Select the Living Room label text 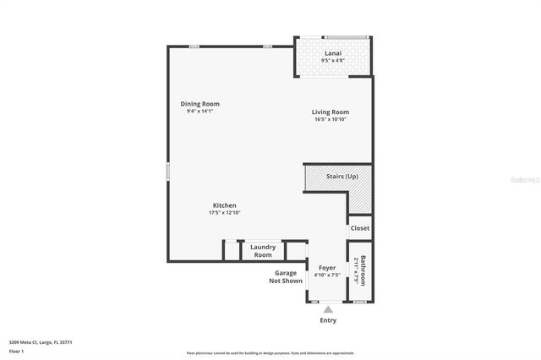point(330,112)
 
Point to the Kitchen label point(224,205)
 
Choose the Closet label point(359,228)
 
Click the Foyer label point(326,267)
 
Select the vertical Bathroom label point(363,270)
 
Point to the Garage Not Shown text point(286,277)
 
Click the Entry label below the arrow point(327,320)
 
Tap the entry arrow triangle point(327,309)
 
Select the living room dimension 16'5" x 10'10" point(330,119)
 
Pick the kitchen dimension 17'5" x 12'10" point(224,213)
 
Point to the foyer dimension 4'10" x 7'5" point(326,275)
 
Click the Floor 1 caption point(16,350)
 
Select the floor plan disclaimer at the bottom point(270,352)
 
